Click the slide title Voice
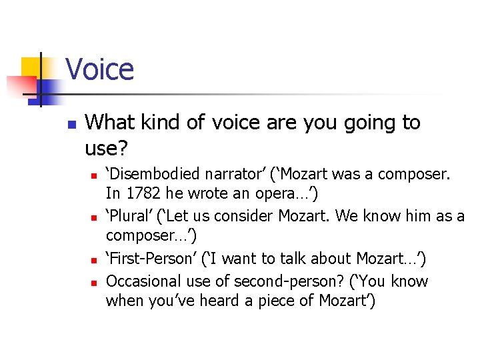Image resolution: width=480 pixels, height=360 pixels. click(x=100, y=69)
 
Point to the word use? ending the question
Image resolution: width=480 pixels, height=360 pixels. click(x=105, y=145)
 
